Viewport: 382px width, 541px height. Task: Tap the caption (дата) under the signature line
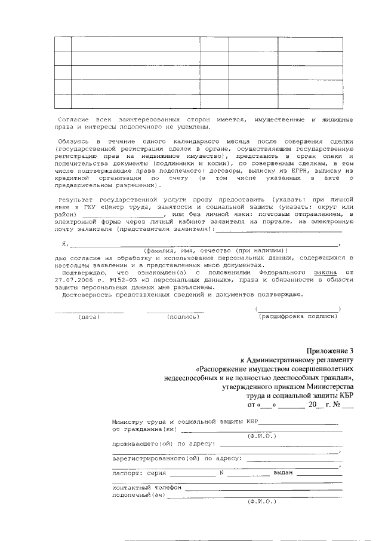pyautogui.click(x=89, y=316)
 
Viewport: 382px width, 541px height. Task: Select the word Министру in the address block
pyautogui.click(x=128, y=422)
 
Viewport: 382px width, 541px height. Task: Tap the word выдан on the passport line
pyautogui.click(x=283, y=473)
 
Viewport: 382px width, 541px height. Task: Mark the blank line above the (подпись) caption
pyautogui.click(x=175, y=311)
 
